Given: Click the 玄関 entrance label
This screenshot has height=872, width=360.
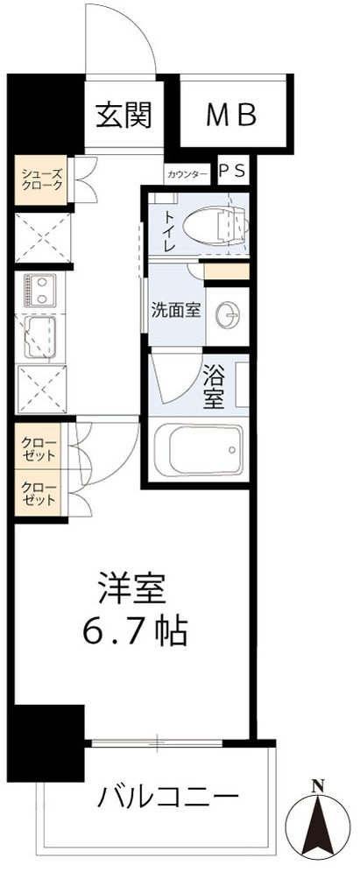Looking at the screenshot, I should [124, 113].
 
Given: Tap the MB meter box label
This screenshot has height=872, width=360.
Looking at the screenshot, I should [232, 114].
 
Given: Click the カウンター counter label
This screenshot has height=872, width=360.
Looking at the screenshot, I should [187, 172].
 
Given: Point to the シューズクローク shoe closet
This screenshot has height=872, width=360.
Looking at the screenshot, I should [42, 179].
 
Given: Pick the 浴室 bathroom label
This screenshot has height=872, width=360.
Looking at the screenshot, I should [215, 388].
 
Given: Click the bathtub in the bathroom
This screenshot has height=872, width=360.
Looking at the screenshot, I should [198, 449].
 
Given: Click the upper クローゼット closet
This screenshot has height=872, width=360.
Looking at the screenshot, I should [40, 449].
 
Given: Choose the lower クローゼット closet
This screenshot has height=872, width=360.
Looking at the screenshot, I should [40, 494].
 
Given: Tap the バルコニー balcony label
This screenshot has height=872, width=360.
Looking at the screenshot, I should [169, 798].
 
